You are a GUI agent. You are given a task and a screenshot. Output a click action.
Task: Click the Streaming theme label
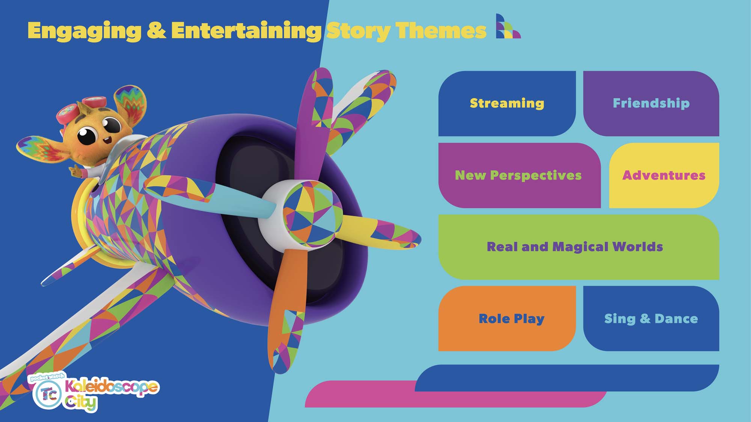coord(507,103)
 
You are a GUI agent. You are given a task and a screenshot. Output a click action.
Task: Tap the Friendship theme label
coord(651,103)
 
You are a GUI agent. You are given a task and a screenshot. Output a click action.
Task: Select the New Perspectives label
coord(518,175)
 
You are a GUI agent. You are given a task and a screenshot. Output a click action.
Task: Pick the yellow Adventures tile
coord(664,175)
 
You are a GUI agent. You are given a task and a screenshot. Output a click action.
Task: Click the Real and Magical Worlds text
coord(575,247)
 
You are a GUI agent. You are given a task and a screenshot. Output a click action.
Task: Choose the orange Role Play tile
coord(507,318)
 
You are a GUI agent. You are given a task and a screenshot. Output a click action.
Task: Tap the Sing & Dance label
coord(651,318)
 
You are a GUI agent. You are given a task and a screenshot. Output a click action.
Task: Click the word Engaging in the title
coord(84,31)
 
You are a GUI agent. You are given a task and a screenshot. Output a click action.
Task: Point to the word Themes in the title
coord(441,30)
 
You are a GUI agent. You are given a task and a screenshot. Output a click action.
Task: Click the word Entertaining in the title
coord(246,30)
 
